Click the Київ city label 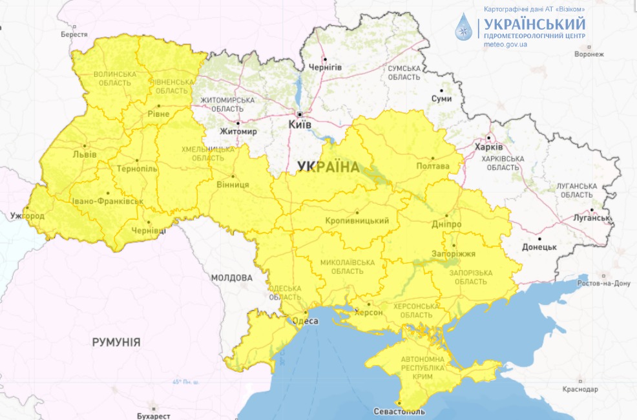299,123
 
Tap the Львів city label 85,154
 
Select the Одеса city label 306,321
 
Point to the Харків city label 488,147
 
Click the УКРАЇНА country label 328,167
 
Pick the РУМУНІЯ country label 116,342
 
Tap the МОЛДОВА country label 231,277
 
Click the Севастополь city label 399,412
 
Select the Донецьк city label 539,247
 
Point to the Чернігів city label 325,67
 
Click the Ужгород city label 26,215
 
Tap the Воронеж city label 589,55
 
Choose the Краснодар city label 580,390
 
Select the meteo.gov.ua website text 505,45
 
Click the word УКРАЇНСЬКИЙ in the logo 534,24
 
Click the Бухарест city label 153,416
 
